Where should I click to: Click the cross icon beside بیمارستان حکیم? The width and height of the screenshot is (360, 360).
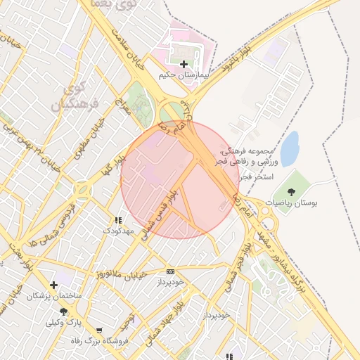click(184, 64)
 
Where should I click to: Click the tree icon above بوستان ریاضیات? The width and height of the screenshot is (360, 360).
click(291, 191)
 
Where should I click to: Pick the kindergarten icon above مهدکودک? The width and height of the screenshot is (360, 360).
click(117, 220)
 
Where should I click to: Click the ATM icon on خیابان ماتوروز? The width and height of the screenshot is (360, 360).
click(170, 271)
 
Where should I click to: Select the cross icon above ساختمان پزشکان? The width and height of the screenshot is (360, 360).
click(53, 285)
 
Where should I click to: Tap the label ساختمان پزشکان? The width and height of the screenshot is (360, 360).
click(54, 296)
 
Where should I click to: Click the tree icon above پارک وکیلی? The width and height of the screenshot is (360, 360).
click(63, 311)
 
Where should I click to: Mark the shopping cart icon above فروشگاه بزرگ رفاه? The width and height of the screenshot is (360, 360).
click(98, 330)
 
